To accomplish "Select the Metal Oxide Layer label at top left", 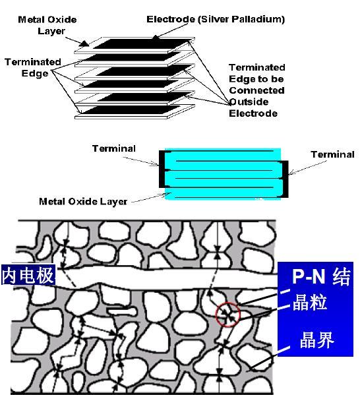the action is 47,25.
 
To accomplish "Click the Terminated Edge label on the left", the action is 33,67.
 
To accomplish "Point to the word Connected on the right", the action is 256,90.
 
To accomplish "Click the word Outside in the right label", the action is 249,102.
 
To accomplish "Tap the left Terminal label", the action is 114,148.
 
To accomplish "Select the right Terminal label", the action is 332,154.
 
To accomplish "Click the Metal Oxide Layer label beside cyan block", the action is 83,202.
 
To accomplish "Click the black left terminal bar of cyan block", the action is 162,169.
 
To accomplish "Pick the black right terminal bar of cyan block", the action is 285,179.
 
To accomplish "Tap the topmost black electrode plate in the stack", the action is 141,44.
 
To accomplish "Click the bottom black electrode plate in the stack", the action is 131,110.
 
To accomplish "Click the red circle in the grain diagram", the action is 216,315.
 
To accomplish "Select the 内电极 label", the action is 28,274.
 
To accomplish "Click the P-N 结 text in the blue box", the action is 321,276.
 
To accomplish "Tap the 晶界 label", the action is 316,340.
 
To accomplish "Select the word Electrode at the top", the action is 171,19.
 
